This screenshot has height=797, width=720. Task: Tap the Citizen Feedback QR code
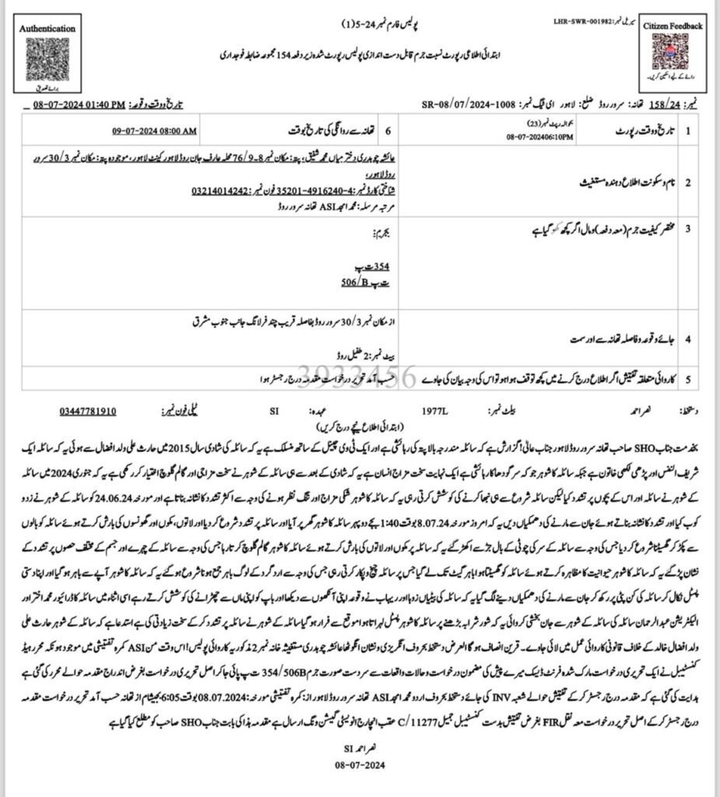[x=673, y=53]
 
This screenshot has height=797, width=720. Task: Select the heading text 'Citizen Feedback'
[x=673, y=26]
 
